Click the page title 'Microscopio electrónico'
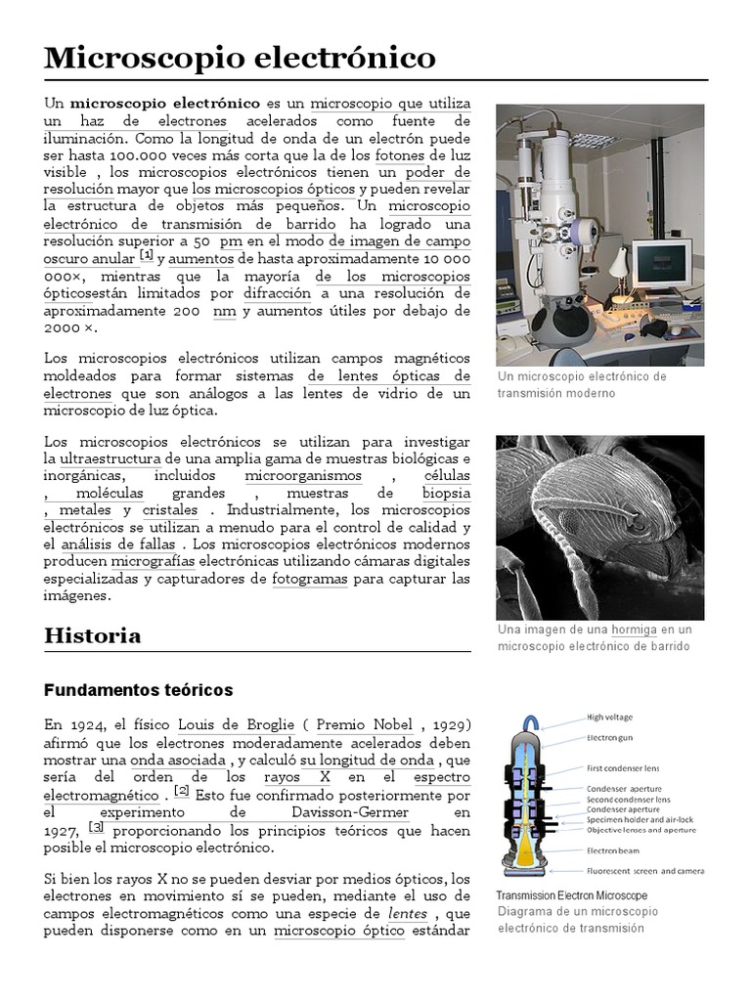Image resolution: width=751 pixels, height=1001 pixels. (x=240, y=59)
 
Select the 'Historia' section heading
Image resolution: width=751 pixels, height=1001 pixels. (x=93, y=635)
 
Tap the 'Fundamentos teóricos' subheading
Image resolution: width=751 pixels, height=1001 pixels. (x=139, y=690)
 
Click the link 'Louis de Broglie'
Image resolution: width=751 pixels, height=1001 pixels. (x=236, y=724)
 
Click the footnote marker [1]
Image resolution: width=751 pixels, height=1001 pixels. (x=147, y=256)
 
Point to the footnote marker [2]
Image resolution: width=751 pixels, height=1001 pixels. (x=182, y=792)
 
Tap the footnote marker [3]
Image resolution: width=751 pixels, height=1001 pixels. (x=96, y=828)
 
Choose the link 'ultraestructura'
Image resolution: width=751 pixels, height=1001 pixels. (x=110, y=458)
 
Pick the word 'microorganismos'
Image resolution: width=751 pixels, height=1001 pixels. (x=303, y=476)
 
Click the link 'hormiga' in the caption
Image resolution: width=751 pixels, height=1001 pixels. (x=634, y=630)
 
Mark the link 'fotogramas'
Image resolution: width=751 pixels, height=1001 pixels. (x=310, y=579)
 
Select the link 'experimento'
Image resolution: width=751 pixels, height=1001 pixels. (x=155, y=812)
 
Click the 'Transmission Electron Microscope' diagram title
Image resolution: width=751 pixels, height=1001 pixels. (x=571, y=895)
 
